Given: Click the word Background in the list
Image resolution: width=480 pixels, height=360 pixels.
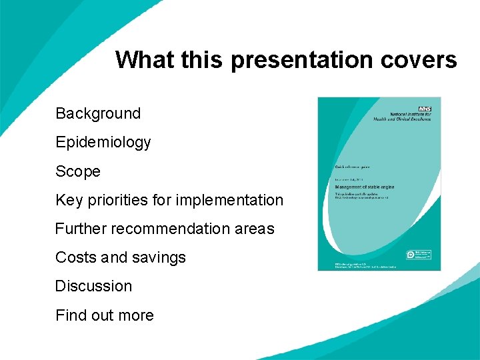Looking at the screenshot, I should [98, 113].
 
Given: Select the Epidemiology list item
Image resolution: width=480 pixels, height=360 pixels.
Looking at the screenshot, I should [103, 143].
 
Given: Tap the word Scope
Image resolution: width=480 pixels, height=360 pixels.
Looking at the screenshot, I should [77, 171].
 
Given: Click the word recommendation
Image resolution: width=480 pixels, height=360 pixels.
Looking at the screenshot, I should [168, 229].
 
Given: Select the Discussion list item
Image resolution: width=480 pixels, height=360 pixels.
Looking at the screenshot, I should [93, 286].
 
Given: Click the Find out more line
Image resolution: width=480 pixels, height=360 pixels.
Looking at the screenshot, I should [104, 315].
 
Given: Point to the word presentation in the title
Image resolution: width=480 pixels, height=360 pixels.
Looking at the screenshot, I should [303, 60].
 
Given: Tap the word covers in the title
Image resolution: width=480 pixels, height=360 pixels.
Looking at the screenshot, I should [419, 60].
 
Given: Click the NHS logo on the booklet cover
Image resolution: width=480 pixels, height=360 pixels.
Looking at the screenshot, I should [424, 108].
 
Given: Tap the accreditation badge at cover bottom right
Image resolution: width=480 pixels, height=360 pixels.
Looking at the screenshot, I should [420, 255].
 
